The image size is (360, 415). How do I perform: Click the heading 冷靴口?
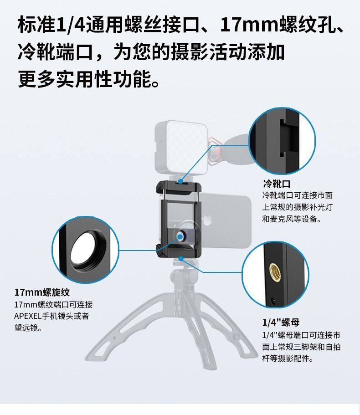point(276,184)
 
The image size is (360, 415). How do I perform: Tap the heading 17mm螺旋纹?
point(42,292)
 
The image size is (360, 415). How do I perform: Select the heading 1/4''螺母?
point(281,323)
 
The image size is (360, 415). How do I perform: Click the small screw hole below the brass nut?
point(273,301)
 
